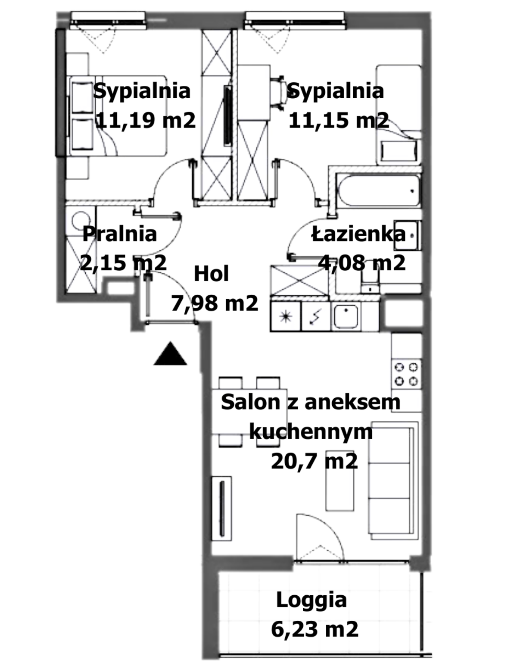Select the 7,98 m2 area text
[215, 303]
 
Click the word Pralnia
[120, 234]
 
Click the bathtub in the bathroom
[379, 190]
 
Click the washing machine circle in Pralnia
[81, 220]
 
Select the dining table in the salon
[249, 411]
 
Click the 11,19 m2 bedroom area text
[146, 120]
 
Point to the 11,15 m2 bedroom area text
[339, 120]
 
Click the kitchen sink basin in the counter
[346, 316]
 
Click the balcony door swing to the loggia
[320, 537]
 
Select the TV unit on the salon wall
[221, 509]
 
